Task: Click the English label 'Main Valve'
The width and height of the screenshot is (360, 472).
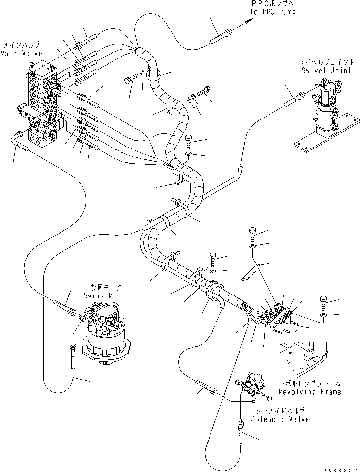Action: click(21, 53)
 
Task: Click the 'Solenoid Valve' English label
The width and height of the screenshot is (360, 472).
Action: click(280, 419)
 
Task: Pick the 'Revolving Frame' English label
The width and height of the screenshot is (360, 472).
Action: click(310, 392)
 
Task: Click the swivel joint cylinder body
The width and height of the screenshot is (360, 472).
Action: click(324, 120)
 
